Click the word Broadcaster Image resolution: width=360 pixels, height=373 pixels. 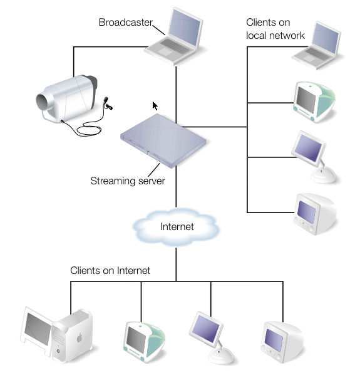pyautogui.click(x=125, y=23)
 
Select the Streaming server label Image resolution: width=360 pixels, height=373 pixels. pyautogui.click(x=128, y=181)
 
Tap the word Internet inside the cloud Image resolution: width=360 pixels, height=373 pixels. pyautogui.click(x=177, y=226)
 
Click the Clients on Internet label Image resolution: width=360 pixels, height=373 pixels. pyautogui.click(x=110, y=270)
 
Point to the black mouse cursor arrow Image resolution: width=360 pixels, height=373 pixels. pyautogui.click(x=155, y=106)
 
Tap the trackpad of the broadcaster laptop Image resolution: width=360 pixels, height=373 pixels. pyautogui.click(x=165, y=51)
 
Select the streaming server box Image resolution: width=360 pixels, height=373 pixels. pyautogui.click(x=163, y=141)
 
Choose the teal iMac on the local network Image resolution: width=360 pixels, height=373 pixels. pyautogui.click(x=314, y=102)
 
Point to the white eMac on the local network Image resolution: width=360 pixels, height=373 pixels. pyautogui.click(x=315, y=214)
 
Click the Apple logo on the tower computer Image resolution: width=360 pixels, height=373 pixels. pyautogui.click(x=80, y=338)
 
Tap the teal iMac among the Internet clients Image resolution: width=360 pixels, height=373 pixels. pyautogui.click(x=144, y=342)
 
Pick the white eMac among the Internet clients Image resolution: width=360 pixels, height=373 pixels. pyautogui.click(x=282, y=342)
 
